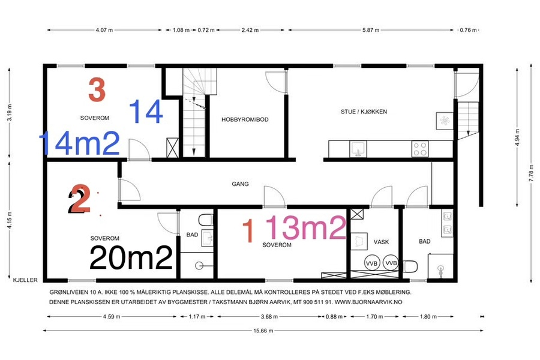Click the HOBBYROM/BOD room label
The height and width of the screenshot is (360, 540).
245,119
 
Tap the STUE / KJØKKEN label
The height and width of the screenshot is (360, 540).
364,112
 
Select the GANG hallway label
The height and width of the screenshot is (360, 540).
240,184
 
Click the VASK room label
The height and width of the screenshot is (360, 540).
381,242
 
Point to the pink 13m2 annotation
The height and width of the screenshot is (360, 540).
306,228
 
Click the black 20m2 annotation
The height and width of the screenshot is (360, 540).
131,257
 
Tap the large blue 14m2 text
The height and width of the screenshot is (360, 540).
80,143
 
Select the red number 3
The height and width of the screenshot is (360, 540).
97,89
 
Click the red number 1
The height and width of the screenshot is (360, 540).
248,231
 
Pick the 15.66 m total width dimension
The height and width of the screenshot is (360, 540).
263,331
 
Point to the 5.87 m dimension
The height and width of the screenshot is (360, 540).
371,30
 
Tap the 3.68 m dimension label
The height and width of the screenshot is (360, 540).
269,316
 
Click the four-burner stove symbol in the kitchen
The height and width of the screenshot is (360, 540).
420,149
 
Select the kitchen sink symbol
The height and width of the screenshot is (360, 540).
358,149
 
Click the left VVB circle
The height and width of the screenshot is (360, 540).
372,263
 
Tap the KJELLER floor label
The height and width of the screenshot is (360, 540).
25,280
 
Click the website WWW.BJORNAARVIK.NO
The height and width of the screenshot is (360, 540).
368,302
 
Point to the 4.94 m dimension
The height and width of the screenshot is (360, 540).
517,137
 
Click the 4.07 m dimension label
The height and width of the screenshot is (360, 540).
104,30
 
